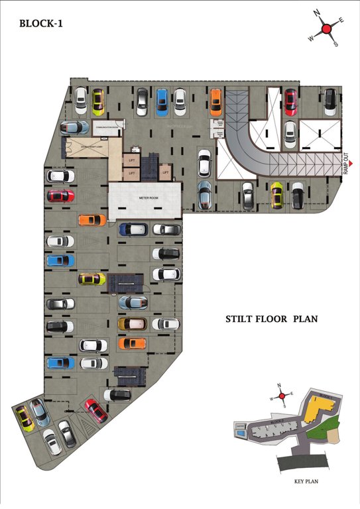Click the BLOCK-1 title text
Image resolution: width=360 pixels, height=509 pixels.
point(41,23)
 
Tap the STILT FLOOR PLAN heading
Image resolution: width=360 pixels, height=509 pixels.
point(272,319)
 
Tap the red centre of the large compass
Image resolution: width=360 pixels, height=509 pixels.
point(326,28)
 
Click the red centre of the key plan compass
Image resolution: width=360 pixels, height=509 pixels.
point(282,396)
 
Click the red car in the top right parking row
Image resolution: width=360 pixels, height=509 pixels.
point(290,101)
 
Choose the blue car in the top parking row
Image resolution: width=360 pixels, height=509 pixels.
point(162,101)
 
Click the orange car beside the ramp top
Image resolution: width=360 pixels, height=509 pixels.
point(215,102)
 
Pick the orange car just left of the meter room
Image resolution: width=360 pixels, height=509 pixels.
point(91,220)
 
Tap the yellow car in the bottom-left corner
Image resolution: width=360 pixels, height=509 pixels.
point(25,418)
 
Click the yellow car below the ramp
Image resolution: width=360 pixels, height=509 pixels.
point(276,194)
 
